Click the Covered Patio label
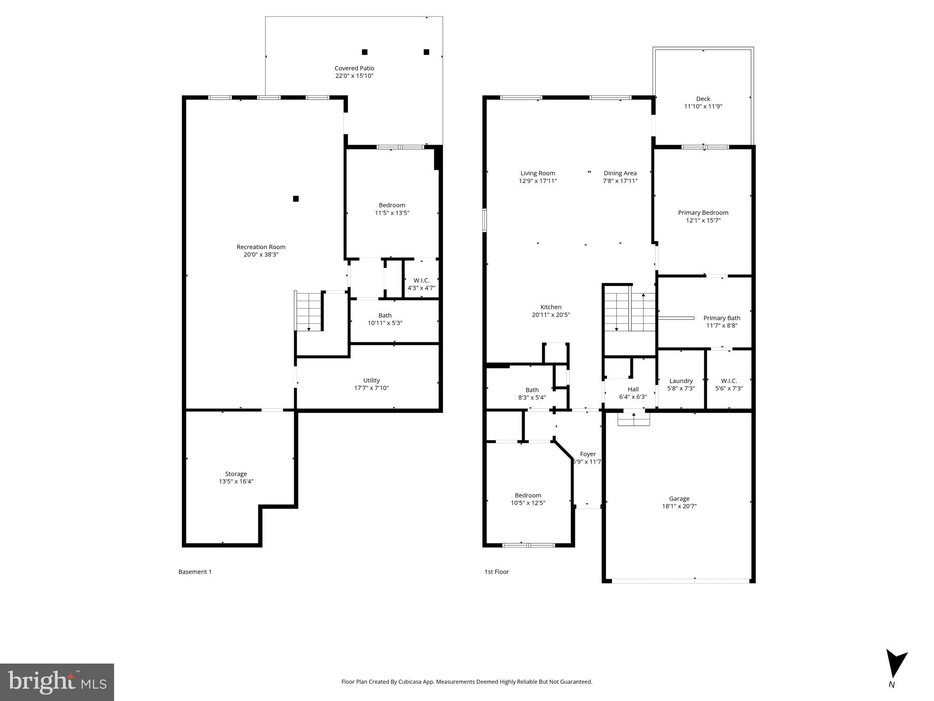coord(354,68)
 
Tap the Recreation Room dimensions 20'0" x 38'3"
coord(261,255)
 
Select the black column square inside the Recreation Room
coord(296,199)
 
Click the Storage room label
coord(236,474)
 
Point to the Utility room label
coord(371,380)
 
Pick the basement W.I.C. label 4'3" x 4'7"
coord(421,288)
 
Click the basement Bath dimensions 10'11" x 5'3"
coord(385,323)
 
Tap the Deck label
coord(703,99)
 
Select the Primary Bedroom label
coord(703,213)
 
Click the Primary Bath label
coord(721,318)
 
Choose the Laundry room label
coord(681,381)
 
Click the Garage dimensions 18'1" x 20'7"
coord(679,506)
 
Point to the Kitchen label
coord(551,307)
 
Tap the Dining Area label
coord(620,173)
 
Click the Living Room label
coord(537,173)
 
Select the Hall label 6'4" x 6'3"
coord(633,397)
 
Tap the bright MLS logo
coord(57,682)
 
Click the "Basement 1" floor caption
coord(195,572)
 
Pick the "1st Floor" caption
coord(496,572)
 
